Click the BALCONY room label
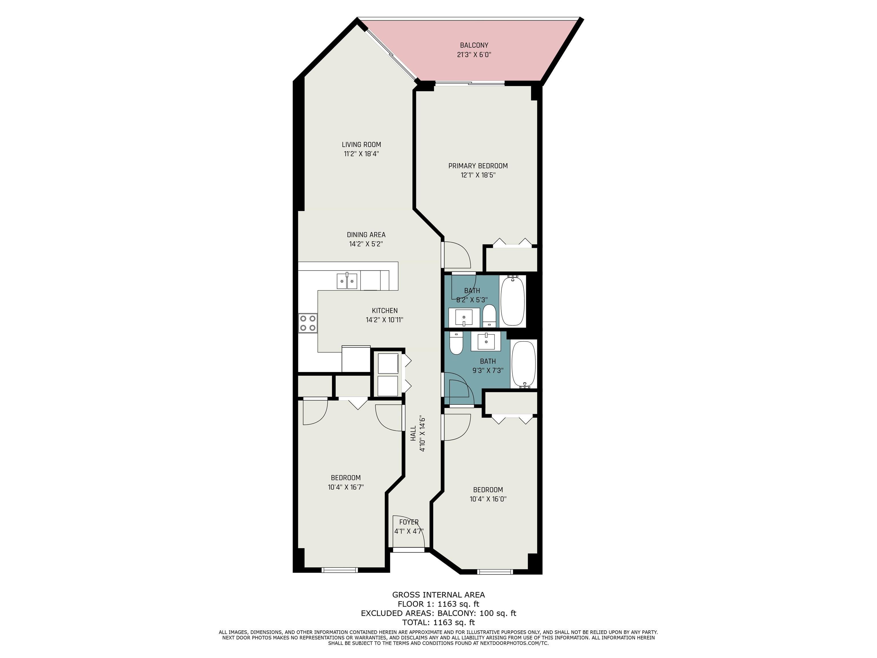pos(474,45)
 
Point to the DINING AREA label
pos(366,235)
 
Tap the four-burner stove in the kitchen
pos(308,323)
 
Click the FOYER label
pos(409,522)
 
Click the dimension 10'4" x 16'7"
pos(346,487)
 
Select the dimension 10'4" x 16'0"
pos(488,499)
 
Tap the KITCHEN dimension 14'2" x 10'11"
pos(384,320)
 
